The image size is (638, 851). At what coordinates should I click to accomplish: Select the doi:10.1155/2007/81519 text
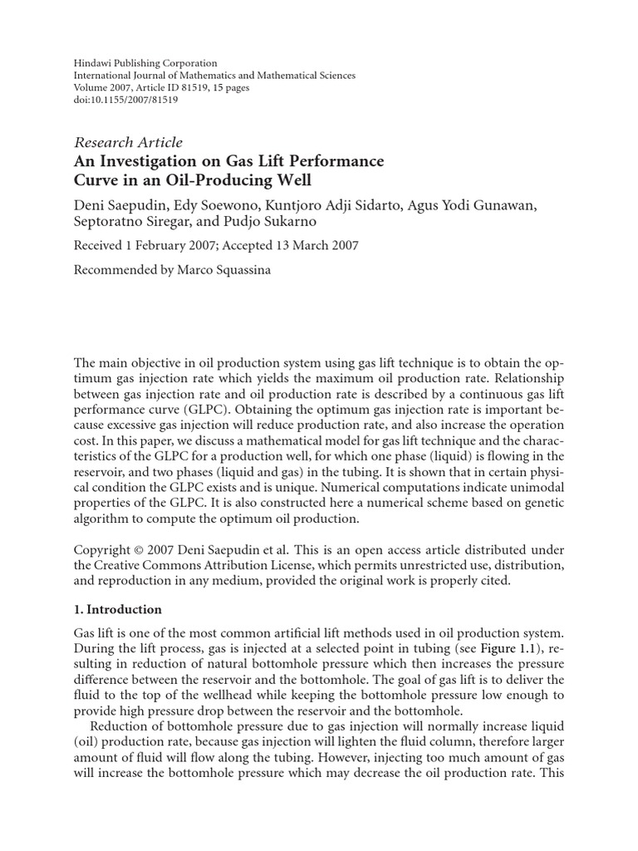(x=126, y=100)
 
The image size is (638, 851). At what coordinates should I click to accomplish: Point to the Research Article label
(x=129, y=142)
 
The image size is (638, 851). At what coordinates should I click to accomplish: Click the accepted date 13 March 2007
(x=315, y=245)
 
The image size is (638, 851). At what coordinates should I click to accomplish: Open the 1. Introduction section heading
(x=118, y=609)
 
